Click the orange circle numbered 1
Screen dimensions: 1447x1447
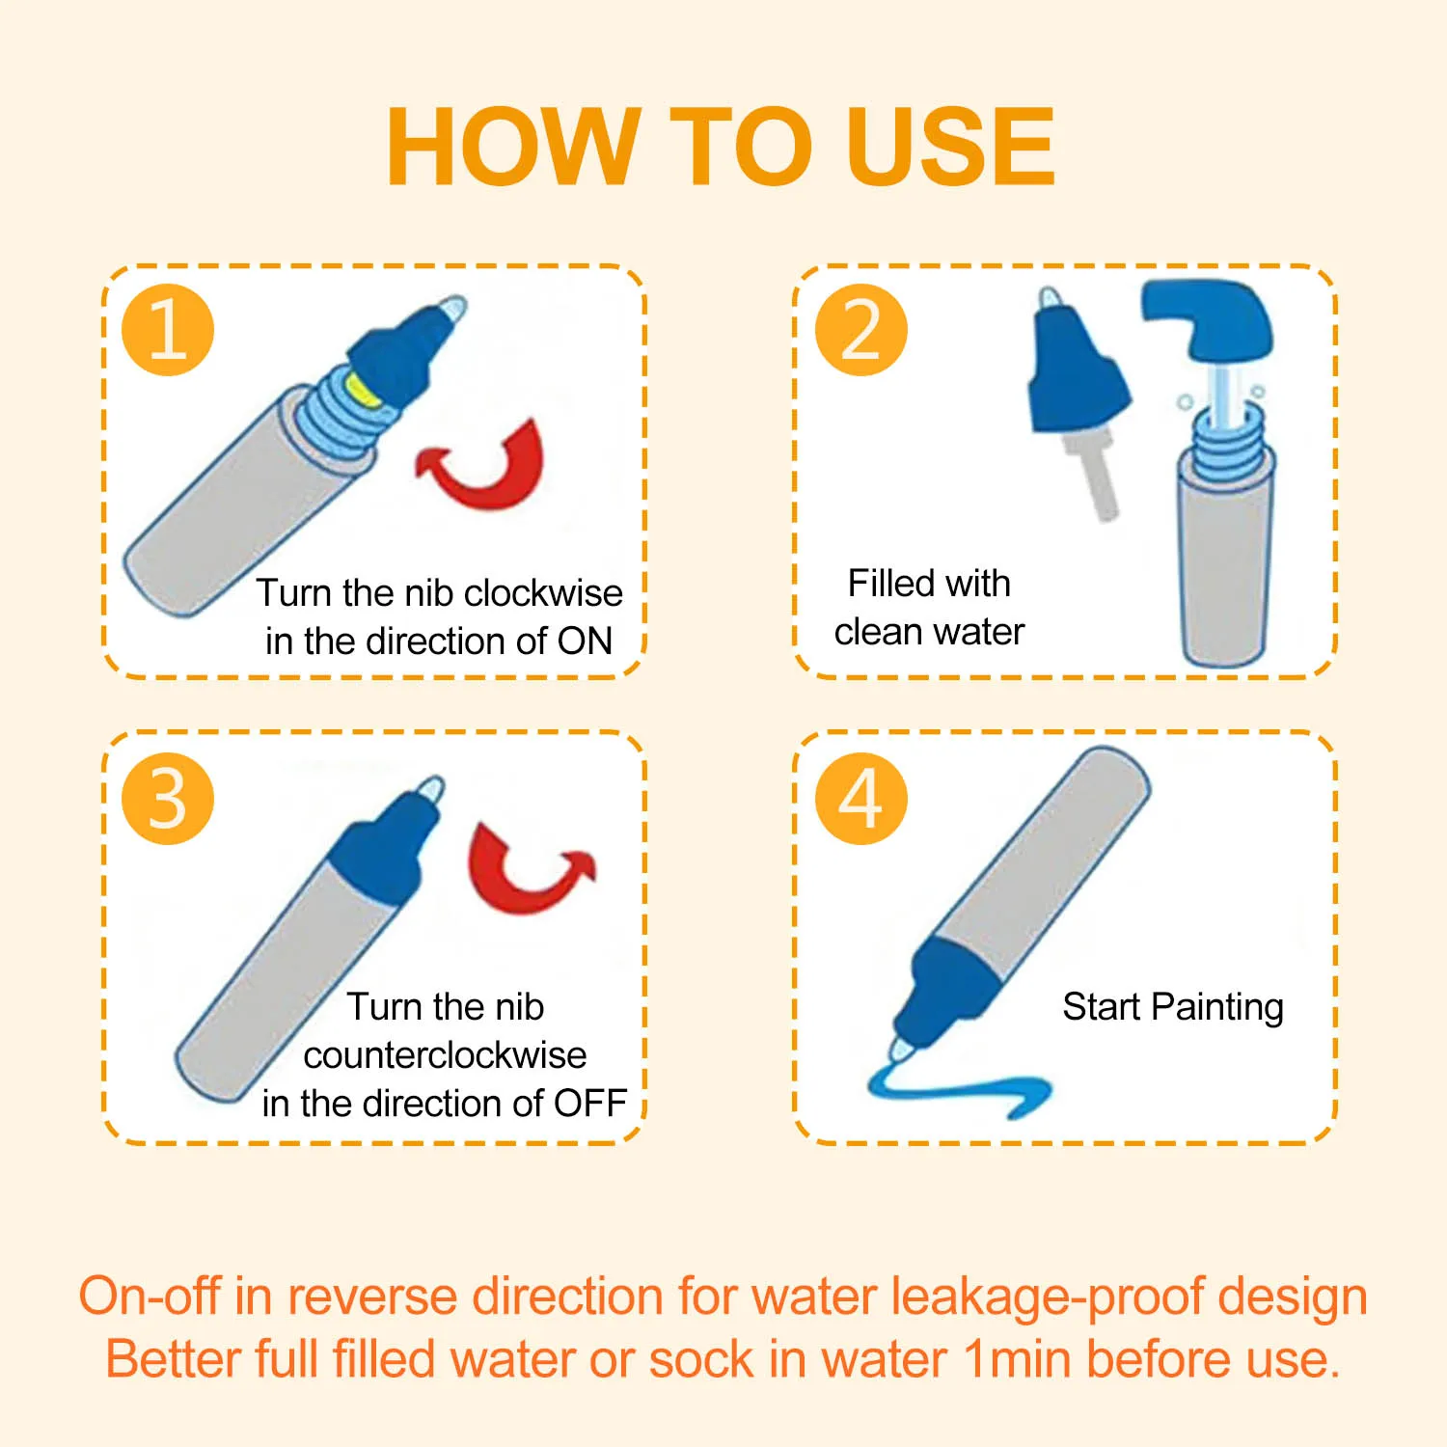pos(168,330)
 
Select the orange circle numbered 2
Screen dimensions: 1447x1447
pos(861,330)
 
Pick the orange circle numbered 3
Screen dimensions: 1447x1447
pos(168,799)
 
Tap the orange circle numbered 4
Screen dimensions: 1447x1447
pos(861,799)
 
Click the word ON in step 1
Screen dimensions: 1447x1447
pos(585,642)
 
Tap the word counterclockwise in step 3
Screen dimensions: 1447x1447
pos(445,1055)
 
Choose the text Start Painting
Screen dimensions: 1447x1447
pos(1173,1007)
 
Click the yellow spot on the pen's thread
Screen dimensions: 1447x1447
pos(362,389)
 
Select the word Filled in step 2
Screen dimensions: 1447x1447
pos(887,584)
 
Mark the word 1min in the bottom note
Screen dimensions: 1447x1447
pos(1017,1359)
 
